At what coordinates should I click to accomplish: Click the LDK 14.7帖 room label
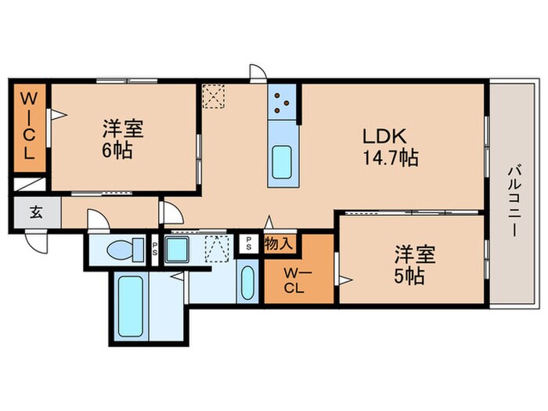[389, 146]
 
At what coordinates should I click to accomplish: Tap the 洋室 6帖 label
[116, 139]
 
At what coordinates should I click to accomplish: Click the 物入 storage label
[279, 243]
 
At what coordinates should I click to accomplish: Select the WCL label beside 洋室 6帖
[28, 127]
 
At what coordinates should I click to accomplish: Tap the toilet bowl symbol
[119, 251]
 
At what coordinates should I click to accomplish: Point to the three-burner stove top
[283, 102]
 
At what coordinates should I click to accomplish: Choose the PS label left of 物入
[249, 242]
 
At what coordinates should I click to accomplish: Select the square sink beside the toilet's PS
[177, 252]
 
